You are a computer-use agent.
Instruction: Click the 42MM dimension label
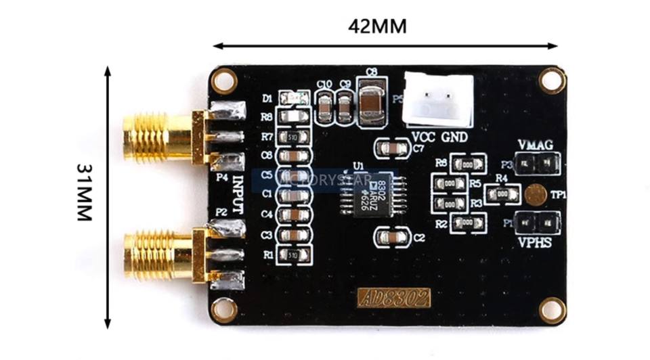click(377, 26)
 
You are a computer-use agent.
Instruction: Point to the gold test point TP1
click(535, 195)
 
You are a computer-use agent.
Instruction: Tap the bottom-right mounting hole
click(552, 310)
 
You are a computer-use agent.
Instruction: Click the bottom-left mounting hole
click(223, 309)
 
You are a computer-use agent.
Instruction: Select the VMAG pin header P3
click(538, 162)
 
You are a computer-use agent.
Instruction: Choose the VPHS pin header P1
click(538, 222)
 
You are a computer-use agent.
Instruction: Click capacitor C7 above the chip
click(391, 147)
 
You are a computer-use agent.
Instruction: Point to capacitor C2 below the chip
click(391, 237)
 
